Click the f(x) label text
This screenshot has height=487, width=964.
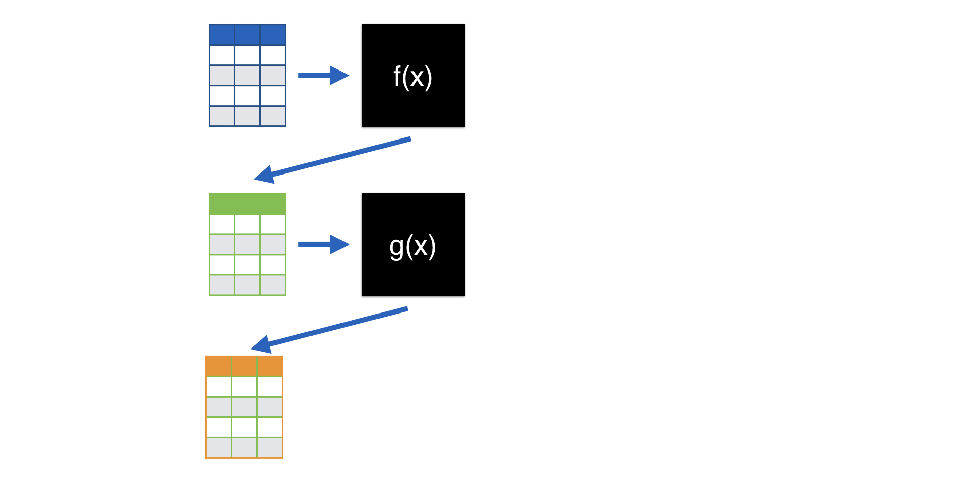[412, 77]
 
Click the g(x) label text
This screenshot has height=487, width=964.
[412, 247]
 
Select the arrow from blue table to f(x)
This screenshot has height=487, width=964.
[323, 76]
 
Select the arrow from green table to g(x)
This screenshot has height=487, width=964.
[323, 245]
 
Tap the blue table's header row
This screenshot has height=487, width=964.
[247, 34]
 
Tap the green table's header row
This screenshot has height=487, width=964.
[247, 203]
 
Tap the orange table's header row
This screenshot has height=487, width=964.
[244, 366]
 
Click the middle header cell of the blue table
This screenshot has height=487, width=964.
[247, 34]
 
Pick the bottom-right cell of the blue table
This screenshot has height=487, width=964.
[273, 116]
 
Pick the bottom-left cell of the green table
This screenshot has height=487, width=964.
[222, 285]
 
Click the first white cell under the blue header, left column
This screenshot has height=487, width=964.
[222, 55]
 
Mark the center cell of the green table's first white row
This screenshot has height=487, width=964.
[247, 224]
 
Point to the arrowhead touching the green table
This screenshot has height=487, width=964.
[264, 175]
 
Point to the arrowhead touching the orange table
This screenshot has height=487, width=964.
[261, 344]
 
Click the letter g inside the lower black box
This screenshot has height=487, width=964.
[396, 248]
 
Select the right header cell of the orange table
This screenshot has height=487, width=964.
[270, 366]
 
